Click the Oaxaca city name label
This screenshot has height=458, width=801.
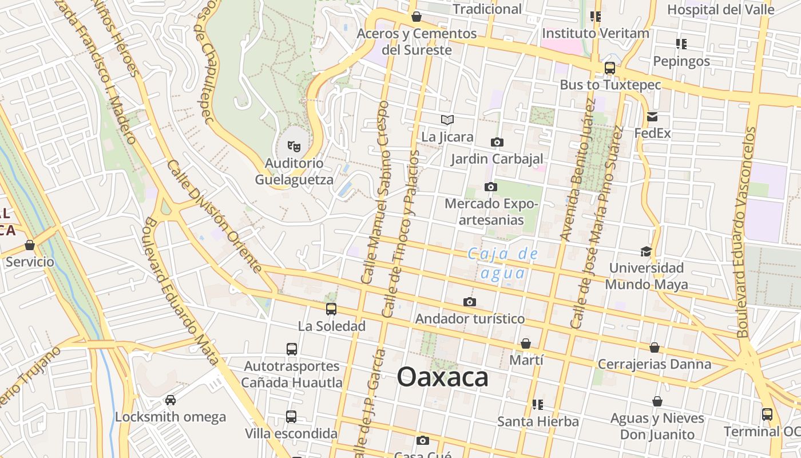pos(443,377)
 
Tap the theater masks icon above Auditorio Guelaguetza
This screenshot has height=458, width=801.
pos(294,146)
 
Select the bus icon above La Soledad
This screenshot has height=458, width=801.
pos(331,309)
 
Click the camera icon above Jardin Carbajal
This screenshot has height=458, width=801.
pos(497,142)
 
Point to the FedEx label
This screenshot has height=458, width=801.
pos(652,133)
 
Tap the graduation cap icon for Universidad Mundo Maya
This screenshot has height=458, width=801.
pos(646,251)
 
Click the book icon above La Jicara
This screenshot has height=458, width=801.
pos(447,120)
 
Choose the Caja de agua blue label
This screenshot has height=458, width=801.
pos(503,263)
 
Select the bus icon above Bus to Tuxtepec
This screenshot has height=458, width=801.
pos(610,68)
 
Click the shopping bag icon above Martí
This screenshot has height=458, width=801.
pos(526,343)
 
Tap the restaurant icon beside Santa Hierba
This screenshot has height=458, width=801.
pos(537,405)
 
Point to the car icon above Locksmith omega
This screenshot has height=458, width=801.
pos(170,400)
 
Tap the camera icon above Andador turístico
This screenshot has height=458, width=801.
pos(470,302)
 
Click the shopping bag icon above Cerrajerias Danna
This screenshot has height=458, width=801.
pos(655,348)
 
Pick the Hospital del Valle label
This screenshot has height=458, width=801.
pos(720,10)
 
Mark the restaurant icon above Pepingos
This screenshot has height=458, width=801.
pos(681,44)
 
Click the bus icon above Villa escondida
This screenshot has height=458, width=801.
pos(291,416)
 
